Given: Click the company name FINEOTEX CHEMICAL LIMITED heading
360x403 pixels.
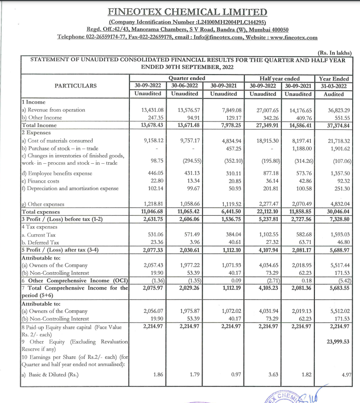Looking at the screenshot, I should click(x=187, y=12).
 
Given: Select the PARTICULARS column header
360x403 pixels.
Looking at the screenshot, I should click(x=75, y=86).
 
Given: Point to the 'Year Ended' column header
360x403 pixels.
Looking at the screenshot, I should click(x=334, y=79).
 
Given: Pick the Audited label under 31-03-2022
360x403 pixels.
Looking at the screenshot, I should click(x=334, y=94).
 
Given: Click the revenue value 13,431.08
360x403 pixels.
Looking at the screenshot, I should click(x=152, y=110).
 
